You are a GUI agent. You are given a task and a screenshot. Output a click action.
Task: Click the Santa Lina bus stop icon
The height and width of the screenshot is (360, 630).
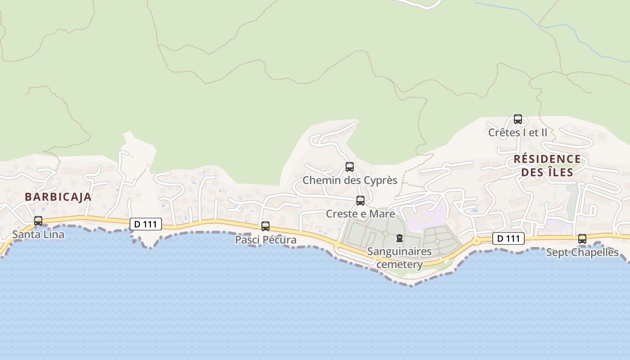(38, 221)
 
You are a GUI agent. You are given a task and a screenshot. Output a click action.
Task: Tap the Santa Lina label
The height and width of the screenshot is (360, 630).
(38, 234)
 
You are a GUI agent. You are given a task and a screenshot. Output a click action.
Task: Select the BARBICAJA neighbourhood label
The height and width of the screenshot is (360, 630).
(58, 197)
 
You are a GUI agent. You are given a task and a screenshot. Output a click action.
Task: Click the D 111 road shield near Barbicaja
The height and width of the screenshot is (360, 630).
(145, 224)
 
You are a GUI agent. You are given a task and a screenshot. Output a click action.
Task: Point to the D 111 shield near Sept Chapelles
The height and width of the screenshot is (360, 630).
(508, 238)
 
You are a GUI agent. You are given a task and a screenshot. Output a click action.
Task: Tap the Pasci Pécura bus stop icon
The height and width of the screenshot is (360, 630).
(265, 226)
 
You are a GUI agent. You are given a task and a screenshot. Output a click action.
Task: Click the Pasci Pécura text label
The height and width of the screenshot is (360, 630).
(265, 240)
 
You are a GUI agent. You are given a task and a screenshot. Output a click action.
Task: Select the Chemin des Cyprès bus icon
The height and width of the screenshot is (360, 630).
(350, 167)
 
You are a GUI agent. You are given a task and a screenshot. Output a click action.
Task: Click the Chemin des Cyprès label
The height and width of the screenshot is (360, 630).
(350, 180)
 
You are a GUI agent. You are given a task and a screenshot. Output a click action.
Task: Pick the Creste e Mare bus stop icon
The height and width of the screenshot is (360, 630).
(360, 201)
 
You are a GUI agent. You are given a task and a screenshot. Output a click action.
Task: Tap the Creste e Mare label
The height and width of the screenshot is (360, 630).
(360, 214)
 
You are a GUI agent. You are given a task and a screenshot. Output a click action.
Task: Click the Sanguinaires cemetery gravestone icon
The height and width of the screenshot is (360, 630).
(399, 238)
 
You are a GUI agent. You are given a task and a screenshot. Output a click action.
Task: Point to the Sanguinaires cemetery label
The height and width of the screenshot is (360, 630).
(400, 258)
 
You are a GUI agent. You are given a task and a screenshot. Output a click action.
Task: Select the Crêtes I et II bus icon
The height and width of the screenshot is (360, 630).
(518, 119)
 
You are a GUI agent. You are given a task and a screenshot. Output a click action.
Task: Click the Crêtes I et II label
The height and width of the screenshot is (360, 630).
(518, 133)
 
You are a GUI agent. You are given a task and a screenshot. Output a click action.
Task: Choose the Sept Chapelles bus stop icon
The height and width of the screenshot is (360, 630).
(582, 239)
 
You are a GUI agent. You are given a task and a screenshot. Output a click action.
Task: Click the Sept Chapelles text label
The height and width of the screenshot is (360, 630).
(582, 252)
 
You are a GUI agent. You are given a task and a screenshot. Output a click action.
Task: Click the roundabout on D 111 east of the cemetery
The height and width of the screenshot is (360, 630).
(477, 241)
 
